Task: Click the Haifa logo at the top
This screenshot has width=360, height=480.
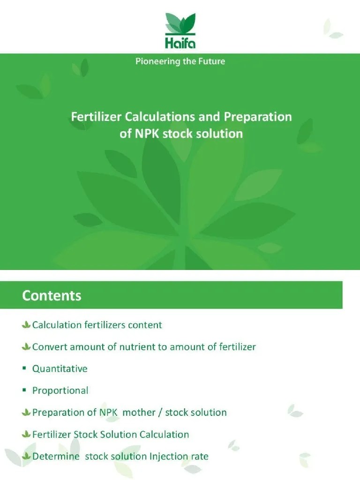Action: click(x=180, y=30)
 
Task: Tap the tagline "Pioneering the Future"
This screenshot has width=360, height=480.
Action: click(x=180, y=61)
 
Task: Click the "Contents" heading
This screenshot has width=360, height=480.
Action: click(x=52, y=296)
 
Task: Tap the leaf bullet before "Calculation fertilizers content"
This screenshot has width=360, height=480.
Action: click(x=26, y=325)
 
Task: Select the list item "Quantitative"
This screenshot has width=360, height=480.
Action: click(x=60, y=369)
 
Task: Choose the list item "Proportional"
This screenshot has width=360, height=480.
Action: click(x=60, y=390)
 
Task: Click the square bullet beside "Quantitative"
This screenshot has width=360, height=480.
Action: click(x=24, y=369)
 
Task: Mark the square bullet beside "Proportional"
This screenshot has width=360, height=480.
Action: click(x=24, y=390)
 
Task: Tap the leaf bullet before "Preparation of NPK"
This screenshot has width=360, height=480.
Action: click(x=26, y=412)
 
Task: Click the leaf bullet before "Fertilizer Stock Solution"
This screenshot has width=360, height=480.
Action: click(x=26, y=435)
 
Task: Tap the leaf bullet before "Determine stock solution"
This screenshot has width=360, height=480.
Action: click(x=26, y=456)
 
